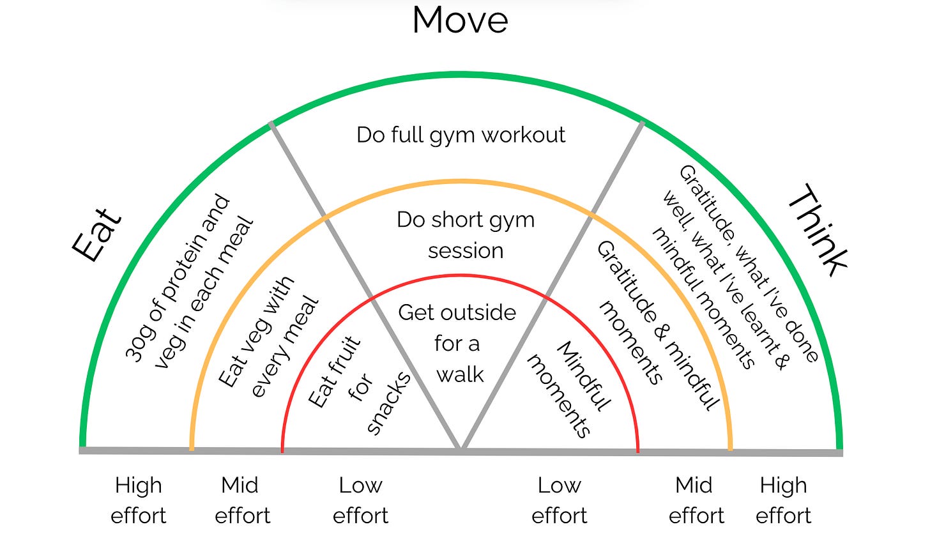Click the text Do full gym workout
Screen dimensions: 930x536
[x=461, y=135]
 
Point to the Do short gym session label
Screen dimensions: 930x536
[x=465, y=234]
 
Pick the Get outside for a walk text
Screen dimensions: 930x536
[x=457, y=343]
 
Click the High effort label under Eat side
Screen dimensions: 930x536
[x=139, y=500]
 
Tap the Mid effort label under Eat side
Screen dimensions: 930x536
[x=241, y=500]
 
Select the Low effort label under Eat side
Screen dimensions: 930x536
[x=360, y=500]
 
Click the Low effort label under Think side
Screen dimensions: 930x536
[x=559, y=500]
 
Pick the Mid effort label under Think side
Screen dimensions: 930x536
[x=695, y=500]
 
